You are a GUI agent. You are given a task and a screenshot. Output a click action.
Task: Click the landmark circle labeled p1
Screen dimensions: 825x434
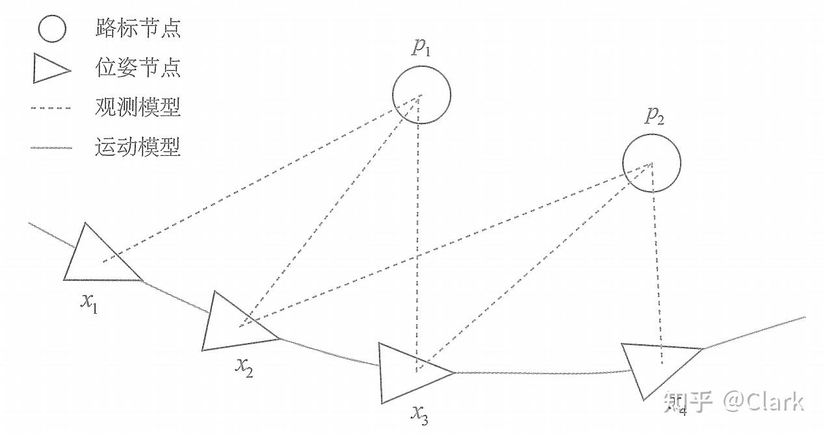tap(421, 96)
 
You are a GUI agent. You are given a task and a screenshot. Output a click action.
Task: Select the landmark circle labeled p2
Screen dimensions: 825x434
tap(651, 163)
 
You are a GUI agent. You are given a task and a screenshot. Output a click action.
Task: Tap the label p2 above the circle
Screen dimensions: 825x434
tap(654, 116)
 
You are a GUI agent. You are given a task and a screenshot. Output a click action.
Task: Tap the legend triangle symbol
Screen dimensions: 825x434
tap(51, 68)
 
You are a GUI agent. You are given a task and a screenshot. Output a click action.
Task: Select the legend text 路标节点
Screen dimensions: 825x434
tap(137, 29)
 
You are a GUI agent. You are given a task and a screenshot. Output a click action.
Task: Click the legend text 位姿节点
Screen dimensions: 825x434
tap(137, 68)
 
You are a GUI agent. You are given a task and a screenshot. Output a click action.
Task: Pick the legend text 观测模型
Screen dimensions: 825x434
tap(137, 107)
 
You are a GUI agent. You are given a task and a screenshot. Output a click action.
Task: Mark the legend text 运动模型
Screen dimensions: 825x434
tap(137, 147)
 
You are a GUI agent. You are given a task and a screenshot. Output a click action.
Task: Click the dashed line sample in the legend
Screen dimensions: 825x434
tap(51, 108)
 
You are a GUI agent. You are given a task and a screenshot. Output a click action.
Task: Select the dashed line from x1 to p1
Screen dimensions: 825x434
tap(260, 179)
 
